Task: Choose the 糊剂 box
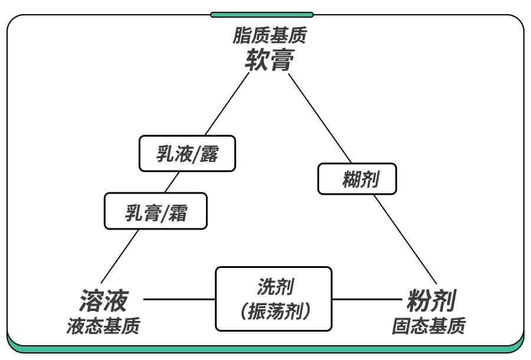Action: click(x=357, y=179)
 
